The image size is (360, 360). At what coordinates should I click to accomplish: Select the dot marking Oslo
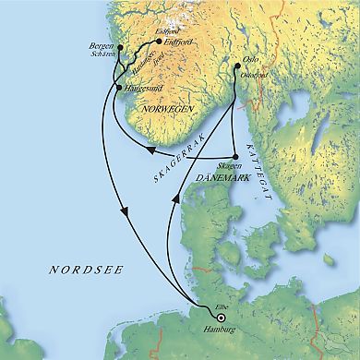[x=235, y=64]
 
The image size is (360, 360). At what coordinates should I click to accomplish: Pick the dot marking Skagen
[x=236, y=155]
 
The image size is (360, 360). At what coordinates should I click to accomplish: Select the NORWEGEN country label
[x=171, y=108]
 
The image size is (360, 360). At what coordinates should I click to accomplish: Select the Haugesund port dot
[x=117, y=86]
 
